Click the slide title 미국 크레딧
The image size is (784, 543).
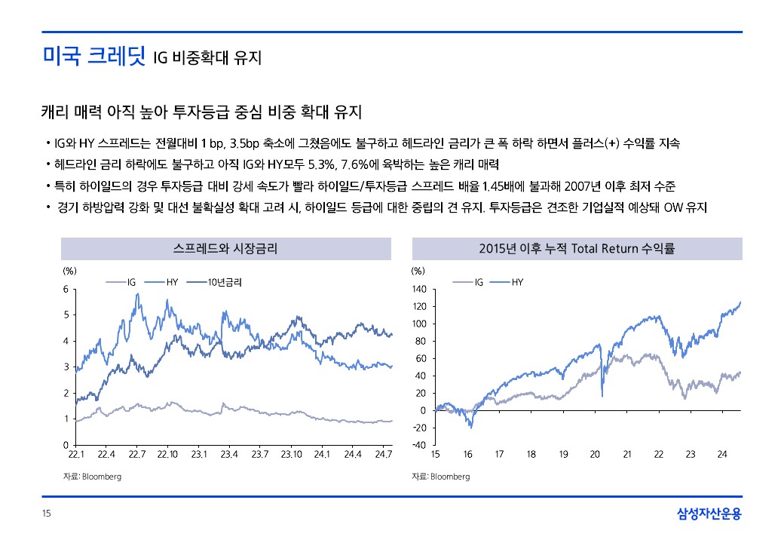point(93,56)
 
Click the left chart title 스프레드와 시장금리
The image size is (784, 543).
point(225,249)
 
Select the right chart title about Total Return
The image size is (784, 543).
point(577,249)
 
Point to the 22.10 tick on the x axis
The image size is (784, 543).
point(167,454)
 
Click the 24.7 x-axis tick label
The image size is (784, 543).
point(384,454)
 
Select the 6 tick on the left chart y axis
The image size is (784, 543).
point(66,290)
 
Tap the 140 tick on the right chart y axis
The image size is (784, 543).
point(420,290)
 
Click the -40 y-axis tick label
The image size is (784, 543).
point(420,445)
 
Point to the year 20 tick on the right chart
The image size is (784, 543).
point(595,454)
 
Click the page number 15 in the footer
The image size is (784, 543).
point(46,514)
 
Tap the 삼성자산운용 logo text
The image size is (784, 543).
point(709,514)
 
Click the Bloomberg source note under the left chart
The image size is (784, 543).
point(91,477)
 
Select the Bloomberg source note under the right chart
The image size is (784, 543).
point(440,477)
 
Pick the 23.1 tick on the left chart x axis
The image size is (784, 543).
point(199,454)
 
